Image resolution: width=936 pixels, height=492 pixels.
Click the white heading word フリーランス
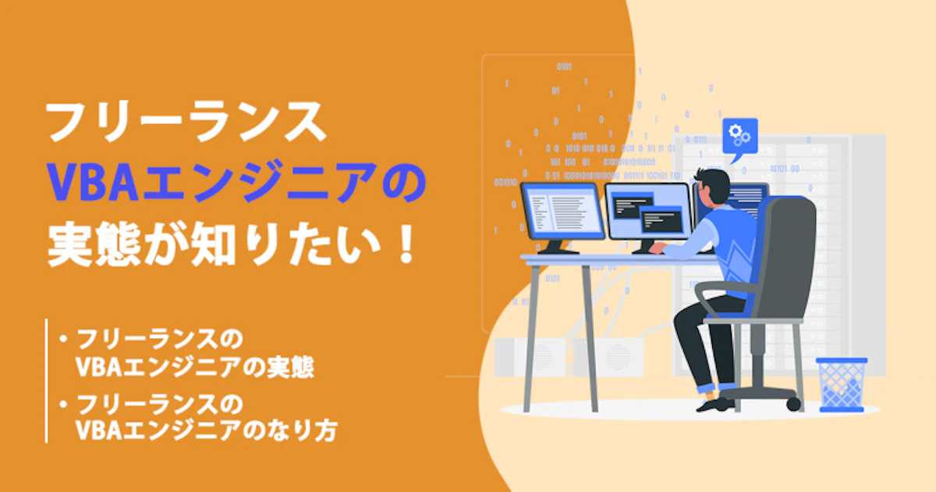click(x=186, y=122)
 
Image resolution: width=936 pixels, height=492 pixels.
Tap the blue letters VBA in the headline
click(x=92, y=183)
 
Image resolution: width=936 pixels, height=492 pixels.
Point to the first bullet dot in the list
click(x=63, y=338)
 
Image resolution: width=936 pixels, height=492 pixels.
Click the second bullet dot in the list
click(x=63, y=404)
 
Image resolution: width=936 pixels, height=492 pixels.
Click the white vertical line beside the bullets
click(x=46, y=381)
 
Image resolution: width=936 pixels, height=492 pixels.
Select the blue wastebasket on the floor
click(x=842, y=385)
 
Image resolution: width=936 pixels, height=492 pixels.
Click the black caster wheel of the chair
click(x=793, y=405)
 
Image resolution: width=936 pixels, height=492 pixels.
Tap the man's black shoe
click(x=715, y=405)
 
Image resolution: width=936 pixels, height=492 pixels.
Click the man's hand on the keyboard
click(x=657, y=248)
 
